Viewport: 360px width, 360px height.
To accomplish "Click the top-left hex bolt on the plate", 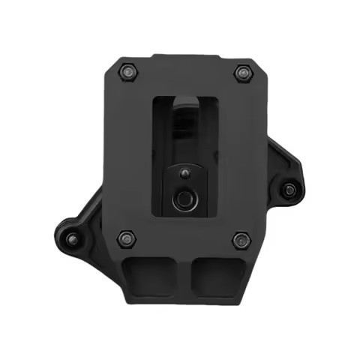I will [x=127, y=73].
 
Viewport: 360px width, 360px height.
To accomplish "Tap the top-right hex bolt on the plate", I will [x=241, y=73].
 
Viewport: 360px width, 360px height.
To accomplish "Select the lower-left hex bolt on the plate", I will [x=125, y=239].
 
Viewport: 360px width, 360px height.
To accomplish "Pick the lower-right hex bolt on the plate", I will [x=240, y=239].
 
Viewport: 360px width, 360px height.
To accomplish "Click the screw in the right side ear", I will [x=289, y=190].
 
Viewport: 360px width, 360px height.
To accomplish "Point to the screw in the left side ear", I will [x=72, y=239].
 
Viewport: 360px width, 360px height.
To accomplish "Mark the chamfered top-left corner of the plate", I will [x=111, y=63].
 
